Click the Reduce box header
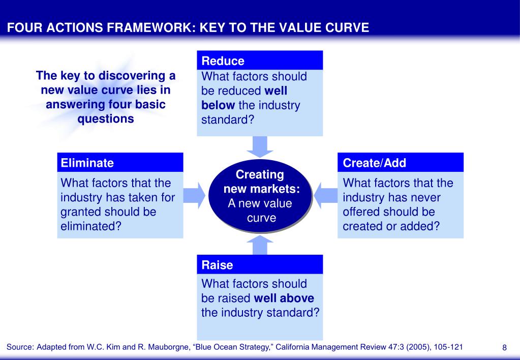tap(260, 61)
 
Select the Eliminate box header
tap(120, 163)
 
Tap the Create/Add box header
tap(401, 163)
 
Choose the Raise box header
tap(260, 265)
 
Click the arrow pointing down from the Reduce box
tap(260, 146)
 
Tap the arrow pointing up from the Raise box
tap(260, 245)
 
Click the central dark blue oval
tap(260, 196)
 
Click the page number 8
tap(504, 348)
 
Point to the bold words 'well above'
tap(284, 298)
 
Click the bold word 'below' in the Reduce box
tap(218, 106)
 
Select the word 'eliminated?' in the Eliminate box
tap(91, 226)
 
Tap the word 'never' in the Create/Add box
tap(424, 197)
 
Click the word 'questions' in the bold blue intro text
tap(106, 119)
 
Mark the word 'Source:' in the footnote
tap(20, 347)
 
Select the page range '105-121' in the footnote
tap(445, 347)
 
